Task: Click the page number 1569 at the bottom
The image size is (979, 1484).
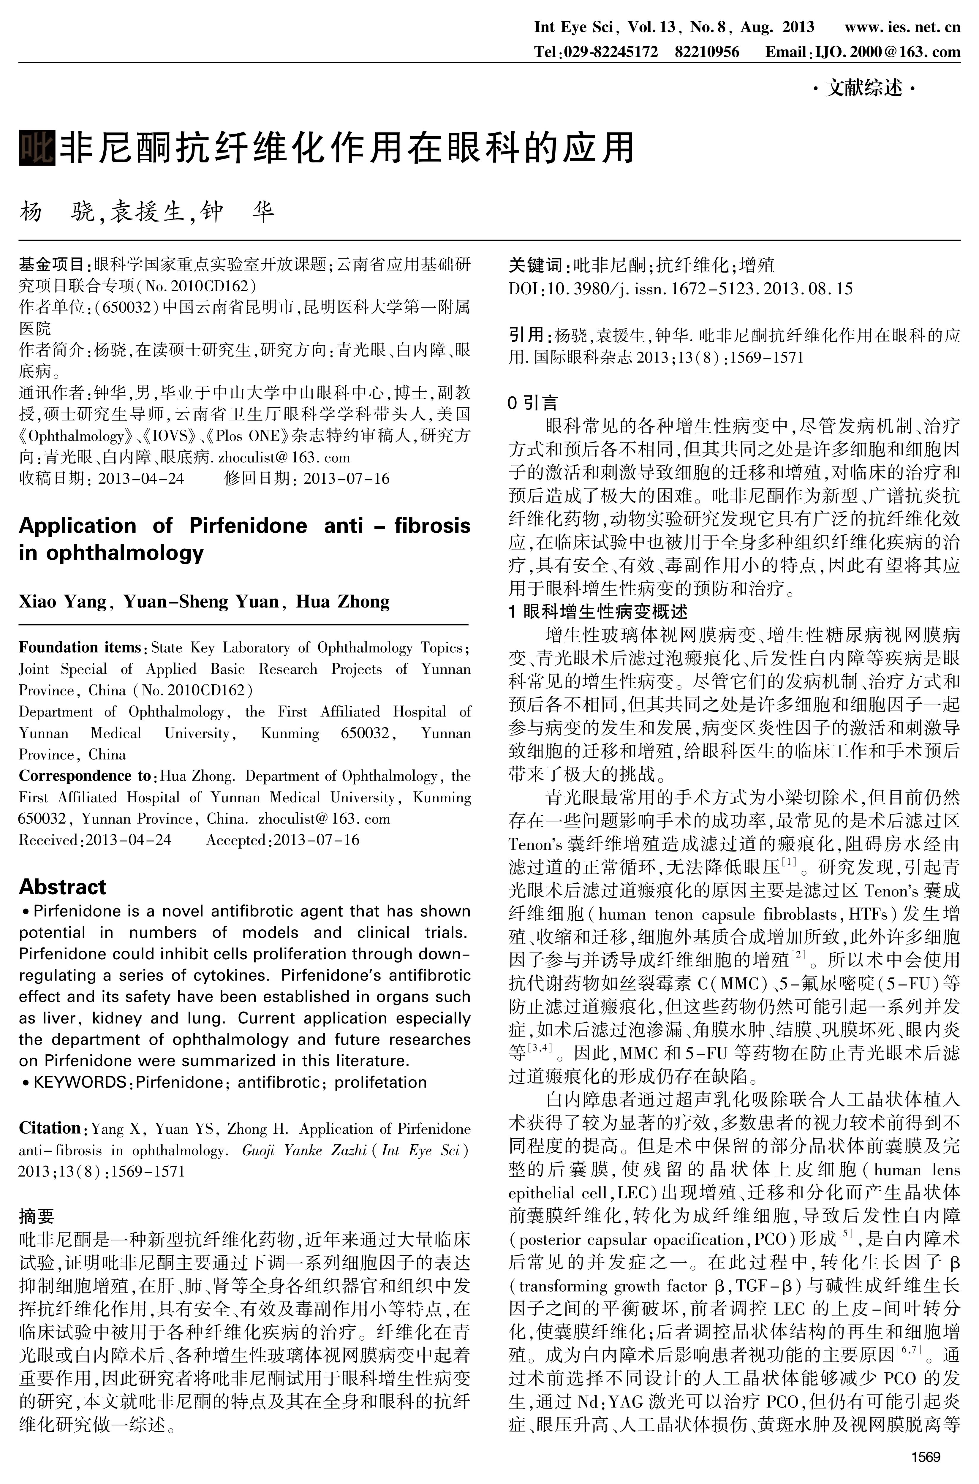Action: click(925, 1457)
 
